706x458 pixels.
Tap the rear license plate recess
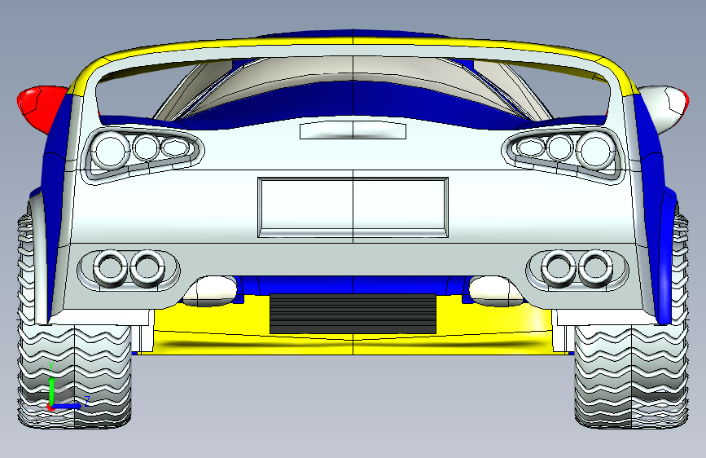(x=353, y=208)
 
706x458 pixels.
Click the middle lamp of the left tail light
(x=146, y=148)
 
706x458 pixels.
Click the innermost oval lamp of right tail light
(x=530, y=148)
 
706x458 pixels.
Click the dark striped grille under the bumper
(x=352, y=313)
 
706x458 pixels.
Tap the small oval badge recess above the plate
(x=353, y=130)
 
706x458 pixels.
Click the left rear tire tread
(x=73, y=375)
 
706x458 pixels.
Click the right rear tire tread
(x=627, y=375)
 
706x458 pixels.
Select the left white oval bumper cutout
(x=210, y=288)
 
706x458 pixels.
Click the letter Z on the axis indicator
(x=86, y=399)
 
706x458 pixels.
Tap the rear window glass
(x=352, y=77)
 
